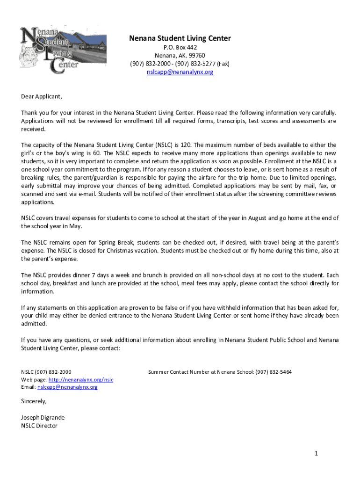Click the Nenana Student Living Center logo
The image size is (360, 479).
tap(63, 50)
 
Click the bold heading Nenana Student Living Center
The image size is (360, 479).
tap(180, 38)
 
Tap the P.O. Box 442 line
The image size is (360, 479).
tap(180, 48)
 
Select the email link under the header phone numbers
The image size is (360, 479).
tap(180, 72)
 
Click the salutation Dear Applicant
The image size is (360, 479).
tap(42, 97)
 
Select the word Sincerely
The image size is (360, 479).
tap(34, 401)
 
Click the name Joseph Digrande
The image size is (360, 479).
tap(43, 417)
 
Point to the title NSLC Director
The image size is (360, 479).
tap(39, 426)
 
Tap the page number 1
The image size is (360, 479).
tap(316, 453)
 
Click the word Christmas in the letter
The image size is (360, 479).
tap(141, 251)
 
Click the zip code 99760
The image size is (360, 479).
tap(196, 56)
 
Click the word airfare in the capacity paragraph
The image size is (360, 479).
tap(176, 177)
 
